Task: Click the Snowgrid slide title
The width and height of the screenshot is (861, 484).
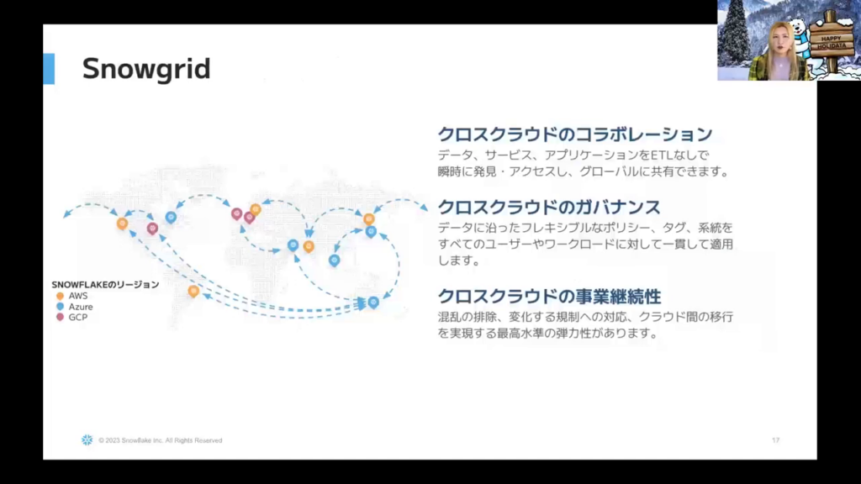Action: pyautogui.click(x=146, y=69)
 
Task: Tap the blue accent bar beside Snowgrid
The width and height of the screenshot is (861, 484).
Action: pyautogui.click(x=49, y=69)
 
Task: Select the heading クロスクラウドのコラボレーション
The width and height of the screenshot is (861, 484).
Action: pyautogui.click(x=575, y=134)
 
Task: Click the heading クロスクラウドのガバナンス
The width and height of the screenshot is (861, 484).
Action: pyautogui.click(x=548, y=207)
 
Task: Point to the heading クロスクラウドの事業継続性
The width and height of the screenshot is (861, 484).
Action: pyautogui.click(x=549, y=297)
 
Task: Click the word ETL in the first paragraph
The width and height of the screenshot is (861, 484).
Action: pyautogui.click(x=662, y=155)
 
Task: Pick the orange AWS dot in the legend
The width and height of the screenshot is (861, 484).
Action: pyautogui.click(x=60, y=296)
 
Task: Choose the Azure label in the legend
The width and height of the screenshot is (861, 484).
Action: pyautogui.click(x=81, y=307)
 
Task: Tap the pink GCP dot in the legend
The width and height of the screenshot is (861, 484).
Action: pyautogui.click(x=60, y=317)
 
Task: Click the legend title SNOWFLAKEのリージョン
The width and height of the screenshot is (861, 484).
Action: pyautogui.click(x=105, y=284)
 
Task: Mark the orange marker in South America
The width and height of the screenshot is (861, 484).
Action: pyautogui.click(x=193, y=291)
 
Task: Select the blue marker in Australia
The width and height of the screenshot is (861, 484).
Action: pyautogui.click(x=373, y=302)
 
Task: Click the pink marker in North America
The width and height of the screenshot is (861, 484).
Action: pyautogui.click(x=152, y=228)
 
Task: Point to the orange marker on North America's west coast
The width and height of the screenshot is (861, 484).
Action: pyautogui.click(x=123, y=223)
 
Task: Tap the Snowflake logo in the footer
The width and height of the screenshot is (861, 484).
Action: pyautogui.click(x=87, y=440)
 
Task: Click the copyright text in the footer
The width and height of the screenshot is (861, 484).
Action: pyautogui.click(x=161, y=440)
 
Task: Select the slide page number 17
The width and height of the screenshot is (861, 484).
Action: pyautogui.click(x=775, y=440)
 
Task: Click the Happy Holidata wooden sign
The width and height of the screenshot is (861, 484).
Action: pyautogui.click(x=832, y=42)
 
